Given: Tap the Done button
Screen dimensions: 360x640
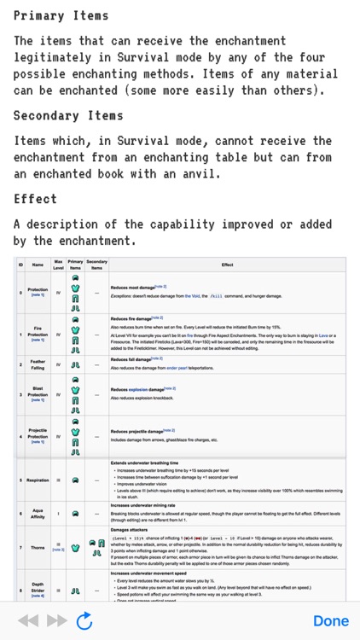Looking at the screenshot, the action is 330,620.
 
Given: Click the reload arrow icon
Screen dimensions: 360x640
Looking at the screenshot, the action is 84,620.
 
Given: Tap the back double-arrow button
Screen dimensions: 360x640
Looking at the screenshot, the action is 28,620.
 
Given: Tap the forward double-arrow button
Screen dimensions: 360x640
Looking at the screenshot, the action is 56,620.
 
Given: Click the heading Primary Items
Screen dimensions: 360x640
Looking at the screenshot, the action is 61,15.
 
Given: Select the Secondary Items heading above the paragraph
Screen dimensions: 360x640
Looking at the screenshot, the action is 68,115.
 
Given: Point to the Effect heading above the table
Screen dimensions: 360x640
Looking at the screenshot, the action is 35,199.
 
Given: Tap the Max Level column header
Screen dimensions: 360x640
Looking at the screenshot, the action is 58,265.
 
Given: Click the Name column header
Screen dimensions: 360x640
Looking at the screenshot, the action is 38,265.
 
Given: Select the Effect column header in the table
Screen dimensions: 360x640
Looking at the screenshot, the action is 227,265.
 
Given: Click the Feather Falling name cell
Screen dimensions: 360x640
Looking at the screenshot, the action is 38,365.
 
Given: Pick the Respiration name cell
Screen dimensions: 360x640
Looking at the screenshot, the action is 38,480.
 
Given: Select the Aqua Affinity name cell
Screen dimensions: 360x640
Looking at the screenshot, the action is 38,514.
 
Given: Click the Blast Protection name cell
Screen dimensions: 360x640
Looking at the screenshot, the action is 38,395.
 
